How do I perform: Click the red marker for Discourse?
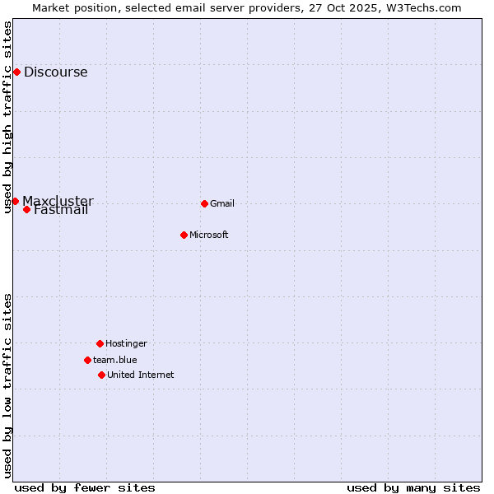16,72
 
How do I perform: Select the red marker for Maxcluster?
15,201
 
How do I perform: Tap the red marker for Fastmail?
26,209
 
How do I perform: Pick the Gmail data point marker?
204,203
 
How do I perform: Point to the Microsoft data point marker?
184,235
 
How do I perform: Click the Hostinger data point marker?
100,343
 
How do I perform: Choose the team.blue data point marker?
87,360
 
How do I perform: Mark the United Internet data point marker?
101,375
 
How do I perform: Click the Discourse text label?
55,72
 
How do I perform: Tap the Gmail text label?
222,203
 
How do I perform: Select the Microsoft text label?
209,235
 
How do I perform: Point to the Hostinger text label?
126,343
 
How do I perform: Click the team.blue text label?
115,360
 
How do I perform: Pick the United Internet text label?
141,375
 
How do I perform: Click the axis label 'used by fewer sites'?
85,487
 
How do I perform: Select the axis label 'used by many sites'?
413,487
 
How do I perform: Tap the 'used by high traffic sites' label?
8,117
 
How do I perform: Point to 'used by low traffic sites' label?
8,385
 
